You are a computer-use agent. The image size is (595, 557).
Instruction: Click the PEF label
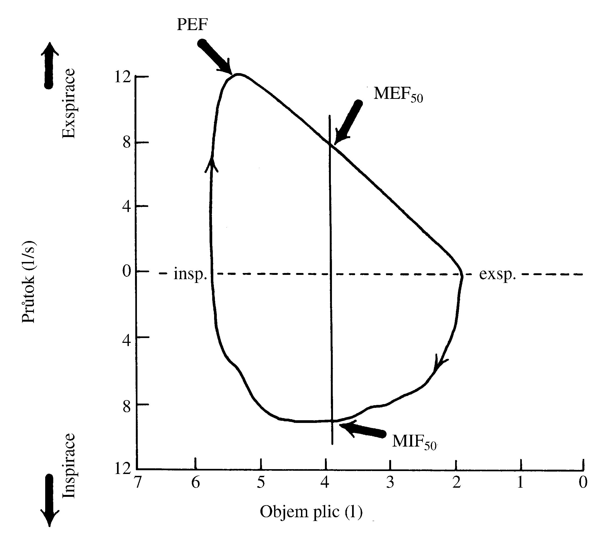[x=192, y=24]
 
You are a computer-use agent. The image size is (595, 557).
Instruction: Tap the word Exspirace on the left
[x=69, y=103]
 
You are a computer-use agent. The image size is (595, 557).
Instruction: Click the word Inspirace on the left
[x=69, y=466]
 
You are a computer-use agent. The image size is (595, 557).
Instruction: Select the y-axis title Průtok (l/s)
[x=29, y=282]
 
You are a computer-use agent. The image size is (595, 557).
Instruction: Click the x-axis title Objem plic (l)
[x=311, y=512]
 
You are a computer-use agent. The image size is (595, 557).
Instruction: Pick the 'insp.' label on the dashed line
[x=190, y=274]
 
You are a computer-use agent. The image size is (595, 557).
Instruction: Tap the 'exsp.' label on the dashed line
[x=497, y=274]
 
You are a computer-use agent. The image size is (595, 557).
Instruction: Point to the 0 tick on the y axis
[x=127, y=271]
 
